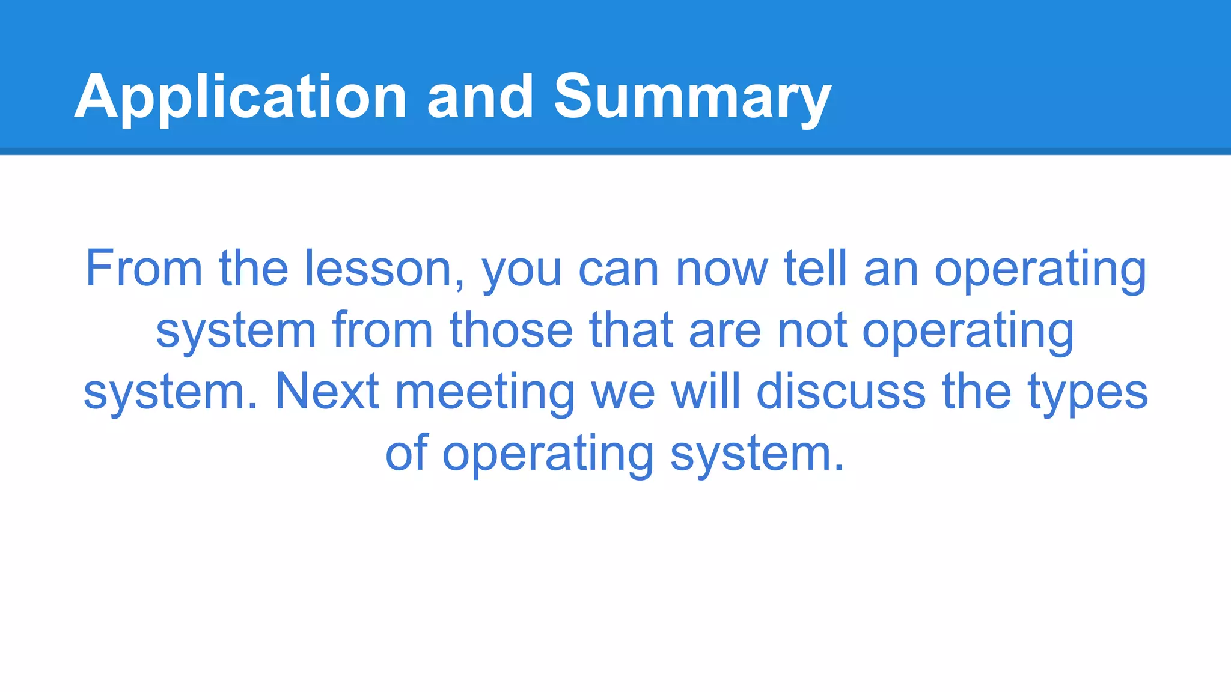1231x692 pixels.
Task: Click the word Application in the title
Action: (x=240, y=97)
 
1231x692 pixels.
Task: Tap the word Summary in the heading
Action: (x=692, y=97)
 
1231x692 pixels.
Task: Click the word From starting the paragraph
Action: (x=144, y=269)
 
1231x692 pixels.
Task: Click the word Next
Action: (x=328, y=392)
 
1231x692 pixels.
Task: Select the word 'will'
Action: (x=705, y=392)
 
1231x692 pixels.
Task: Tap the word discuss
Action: (x=840, y=392)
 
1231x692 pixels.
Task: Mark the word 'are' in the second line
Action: (x=725, y=332)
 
